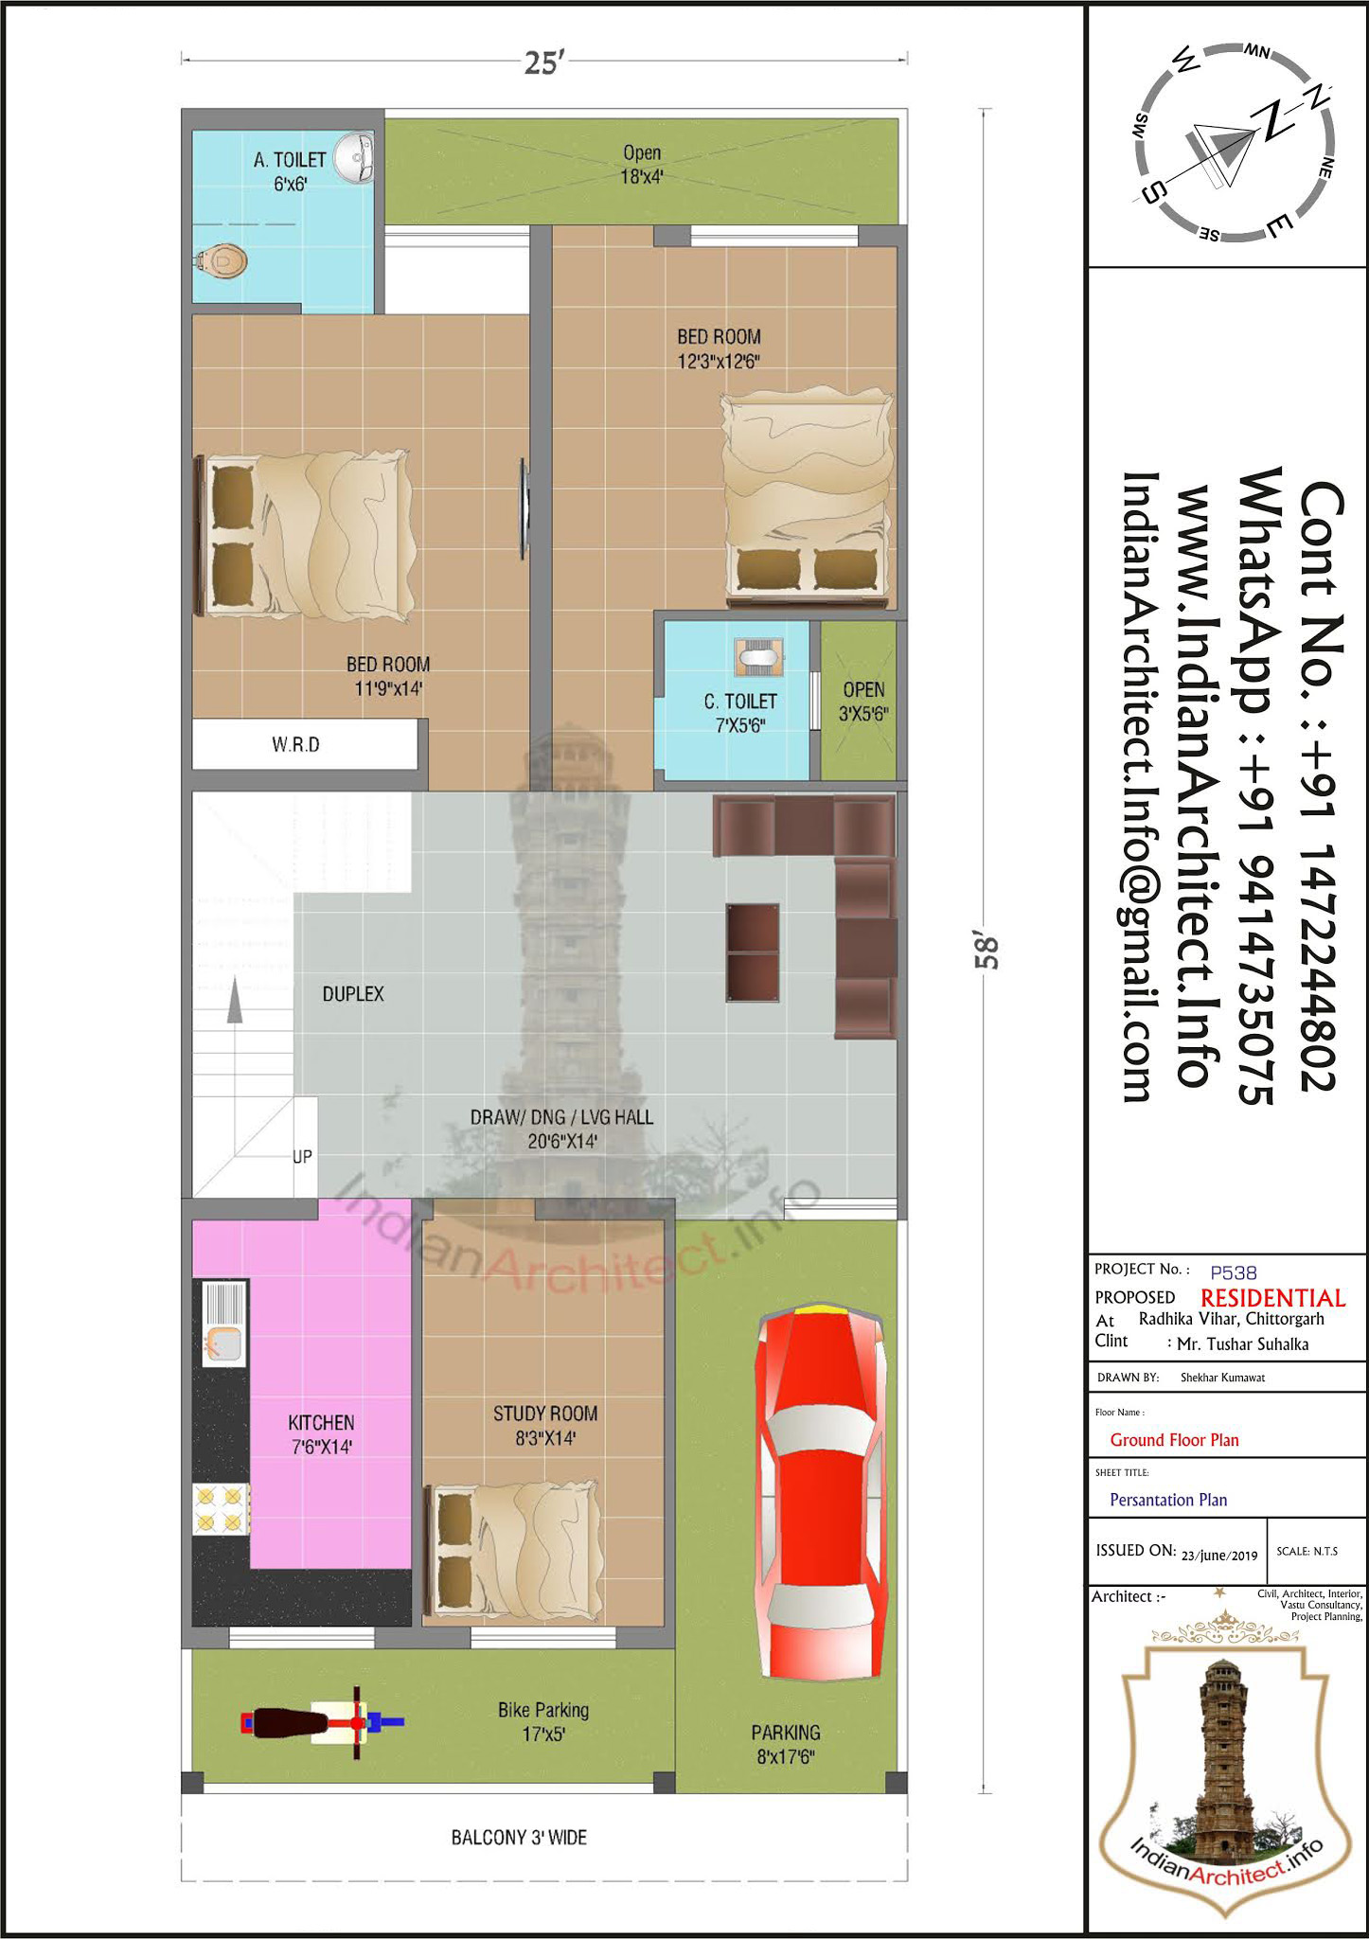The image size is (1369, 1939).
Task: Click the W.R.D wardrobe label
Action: pos(296,745)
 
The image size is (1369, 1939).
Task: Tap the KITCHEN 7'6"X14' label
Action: pos(322,1434)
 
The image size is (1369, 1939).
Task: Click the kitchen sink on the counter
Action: pos(222,1324)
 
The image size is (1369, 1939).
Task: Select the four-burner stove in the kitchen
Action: pos(221,1509)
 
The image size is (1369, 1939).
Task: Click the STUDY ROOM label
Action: pos(545,1414)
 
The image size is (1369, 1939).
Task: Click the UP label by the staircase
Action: pos(302,1156)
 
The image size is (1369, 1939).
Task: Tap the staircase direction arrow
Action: pos(234,1002)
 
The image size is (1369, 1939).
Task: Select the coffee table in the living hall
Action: pos(754,952)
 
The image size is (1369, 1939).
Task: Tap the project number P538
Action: pos(1234,1272)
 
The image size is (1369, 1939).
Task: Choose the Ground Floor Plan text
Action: pos(1174,1440)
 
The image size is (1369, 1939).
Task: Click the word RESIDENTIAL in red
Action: pos(1273,1298)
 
